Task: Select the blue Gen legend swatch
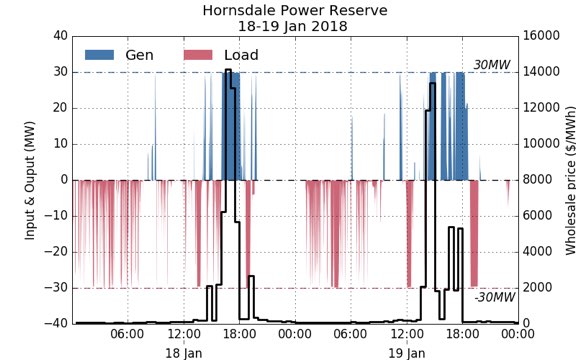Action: (100, 54)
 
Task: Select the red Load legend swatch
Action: (201, 54)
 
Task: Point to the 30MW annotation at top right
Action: (493, 64)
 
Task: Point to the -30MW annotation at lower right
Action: (494, 297)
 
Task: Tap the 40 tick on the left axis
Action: (59, 36)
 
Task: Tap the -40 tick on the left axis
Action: (56, 324)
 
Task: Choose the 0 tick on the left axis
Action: (63, 180)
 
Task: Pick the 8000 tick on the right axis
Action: (539, 180)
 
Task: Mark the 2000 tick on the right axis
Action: (539, 288)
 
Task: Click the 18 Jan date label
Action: (184, 353)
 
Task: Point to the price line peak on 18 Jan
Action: (228, 71)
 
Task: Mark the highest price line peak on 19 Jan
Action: (432, 85)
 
